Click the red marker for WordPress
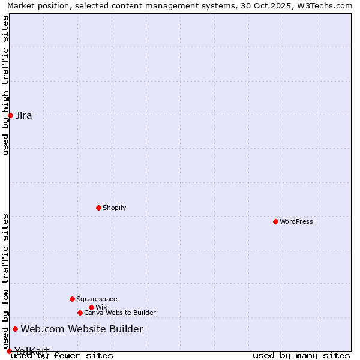(x=275, y=221)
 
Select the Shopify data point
(x=98, y=208)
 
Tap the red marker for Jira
(x=10, y=115)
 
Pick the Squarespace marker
(x=72, y=299)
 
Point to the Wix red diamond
(x=91, y=307)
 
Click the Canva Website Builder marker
(x=80, y=313)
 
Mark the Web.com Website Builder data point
(x=15, y=329)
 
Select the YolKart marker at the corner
(x=9, y=351)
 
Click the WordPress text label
(x=296, y=221)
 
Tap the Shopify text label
(x=115, y=208)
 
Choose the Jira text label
(x=24, y=115)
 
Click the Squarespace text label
(x=97, y=299)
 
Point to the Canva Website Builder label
(x=120, y=313)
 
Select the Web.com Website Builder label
(x=82, y=329)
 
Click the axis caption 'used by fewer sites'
(x=62, y=356)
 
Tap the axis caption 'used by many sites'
(x=301, y=356)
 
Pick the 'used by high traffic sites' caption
(x=5, y=85)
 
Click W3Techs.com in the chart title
(x=328, y=5)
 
